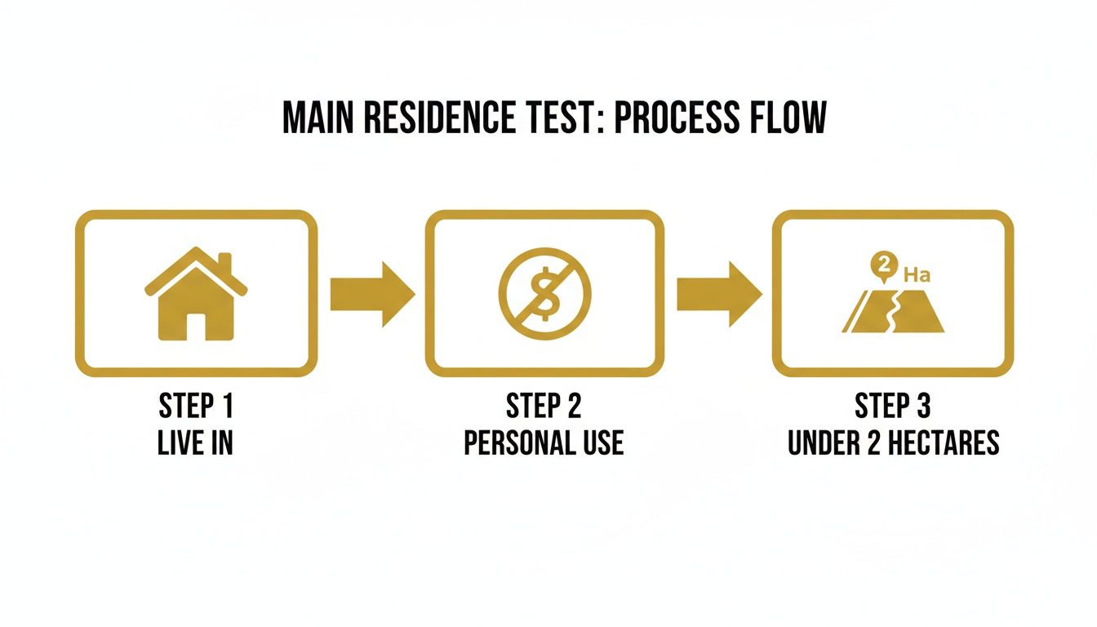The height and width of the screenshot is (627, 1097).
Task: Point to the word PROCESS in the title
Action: point(667,118)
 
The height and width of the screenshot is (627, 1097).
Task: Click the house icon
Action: point(196,295)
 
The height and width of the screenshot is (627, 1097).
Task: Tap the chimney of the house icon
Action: point(224,263)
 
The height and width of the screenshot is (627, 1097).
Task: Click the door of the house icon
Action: point(196,325)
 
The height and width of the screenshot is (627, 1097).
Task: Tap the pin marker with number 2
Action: point(882,265)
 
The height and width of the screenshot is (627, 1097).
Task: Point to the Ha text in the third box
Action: point(917,274)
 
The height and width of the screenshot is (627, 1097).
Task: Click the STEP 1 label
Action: point(196,406)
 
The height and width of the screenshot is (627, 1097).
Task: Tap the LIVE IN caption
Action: point(196,442)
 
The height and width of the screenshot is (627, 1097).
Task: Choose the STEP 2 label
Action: point(544,406)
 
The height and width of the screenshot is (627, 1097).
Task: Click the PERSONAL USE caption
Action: point(544,442)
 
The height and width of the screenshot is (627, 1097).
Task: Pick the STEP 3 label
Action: point(893,406)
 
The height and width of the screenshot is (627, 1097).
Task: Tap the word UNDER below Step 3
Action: point(824,442)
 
